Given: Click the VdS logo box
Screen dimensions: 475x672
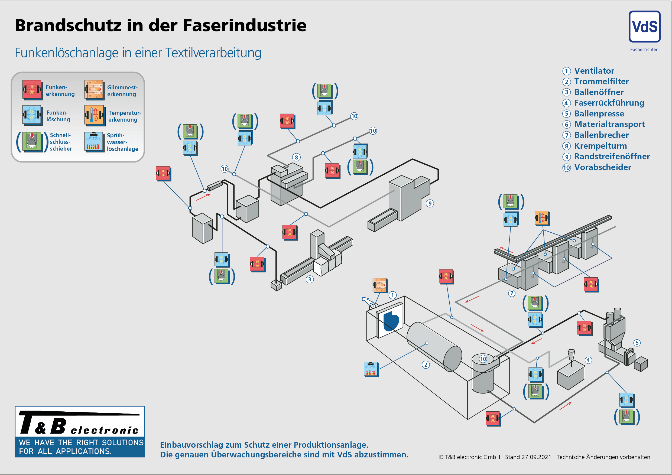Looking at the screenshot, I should tap(644, 27).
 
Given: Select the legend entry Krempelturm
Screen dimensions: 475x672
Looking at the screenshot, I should tap(600, 146).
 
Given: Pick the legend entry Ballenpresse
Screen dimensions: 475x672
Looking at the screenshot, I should tap(599, 113).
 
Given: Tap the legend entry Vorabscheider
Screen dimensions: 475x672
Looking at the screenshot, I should tap(602, 167).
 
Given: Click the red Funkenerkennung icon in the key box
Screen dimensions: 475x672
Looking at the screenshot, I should tap(32, 89).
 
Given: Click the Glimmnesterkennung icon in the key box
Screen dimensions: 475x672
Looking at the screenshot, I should tap(94, 89).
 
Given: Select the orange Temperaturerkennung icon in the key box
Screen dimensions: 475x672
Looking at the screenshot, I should tap(94, 115).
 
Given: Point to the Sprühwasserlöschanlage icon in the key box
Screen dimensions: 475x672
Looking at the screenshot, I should tap(94, 142).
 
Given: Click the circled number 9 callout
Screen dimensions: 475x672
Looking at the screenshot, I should tap(430, 203).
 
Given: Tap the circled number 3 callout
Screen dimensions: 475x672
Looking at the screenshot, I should tap(310, 279).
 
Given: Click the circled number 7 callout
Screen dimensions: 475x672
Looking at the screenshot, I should tap(512, 293).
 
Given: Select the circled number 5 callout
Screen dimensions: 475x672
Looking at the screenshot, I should tap(637, 343).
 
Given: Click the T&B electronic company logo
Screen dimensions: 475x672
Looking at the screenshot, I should tap(80, 431).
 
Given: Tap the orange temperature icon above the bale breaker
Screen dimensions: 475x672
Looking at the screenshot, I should tap(542, 218).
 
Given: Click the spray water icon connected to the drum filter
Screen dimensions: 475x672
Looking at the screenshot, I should tap(371, 369).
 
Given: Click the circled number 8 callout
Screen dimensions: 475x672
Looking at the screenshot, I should tap(297, 157).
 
